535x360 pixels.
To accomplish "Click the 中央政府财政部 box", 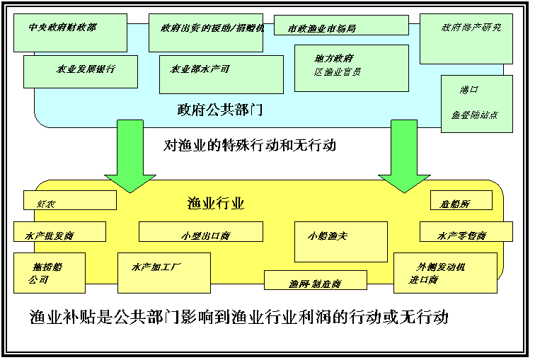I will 70,33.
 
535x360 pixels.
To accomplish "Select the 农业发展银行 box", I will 81,71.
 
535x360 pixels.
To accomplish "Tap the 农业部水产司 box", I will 221,74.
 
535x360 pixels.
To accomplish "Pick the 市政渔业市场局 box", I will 341,25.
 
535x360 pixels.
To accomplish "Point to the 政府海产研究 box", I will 466,38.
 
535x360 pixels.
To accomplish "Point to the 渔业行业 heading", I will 216,204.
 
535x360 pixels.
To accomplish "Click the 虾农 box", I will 69,200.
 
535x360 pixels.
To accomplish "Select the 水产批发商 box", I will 59,232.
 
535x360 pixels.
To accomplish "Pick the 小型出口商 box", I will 200,232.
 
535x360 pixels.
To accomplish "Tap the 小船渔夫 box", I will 340,241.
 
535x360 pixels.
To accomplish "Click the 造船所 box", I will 461,200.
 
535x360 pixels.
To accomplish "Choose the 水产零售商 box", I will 466,232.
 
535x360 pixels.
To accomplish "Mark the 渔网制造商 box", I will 315,280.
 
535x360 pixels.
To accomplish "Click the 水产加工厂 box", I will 163,272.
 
